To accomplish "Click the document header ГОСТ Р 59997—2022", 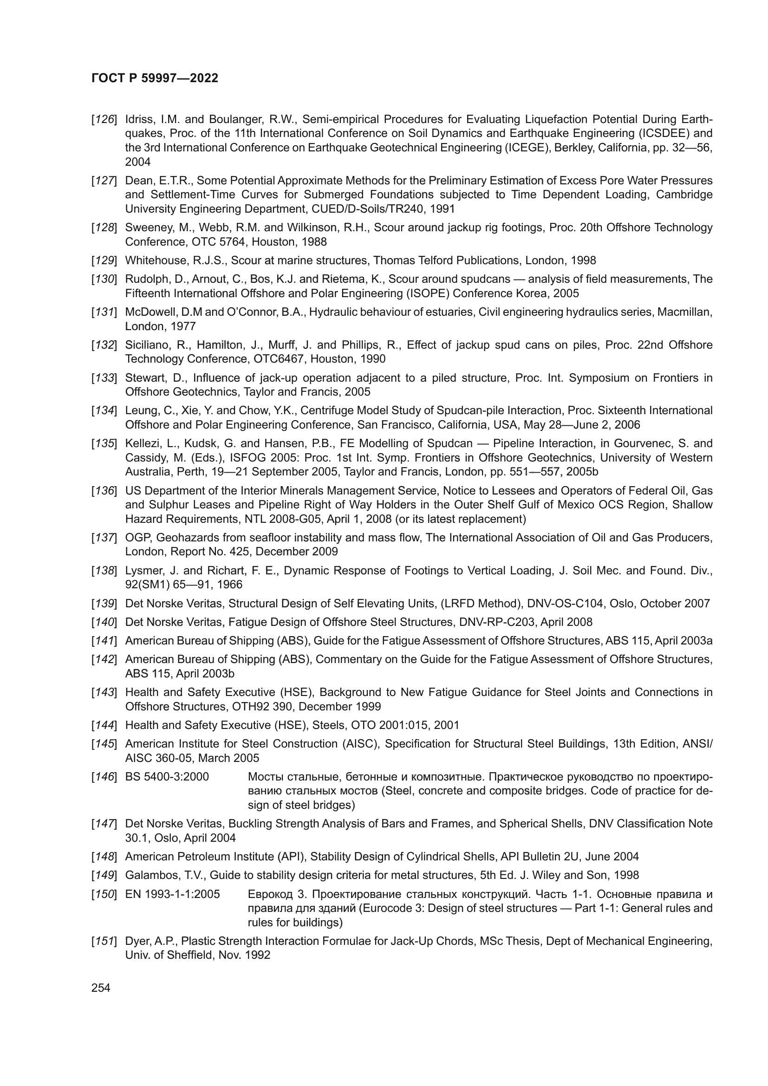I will pyautogui.click(x=155, y=78).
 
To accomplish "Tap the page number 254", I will pyautogui.click(x=101, y=988).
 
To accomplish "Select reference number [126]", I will pyautogui.click(x=104, y=119).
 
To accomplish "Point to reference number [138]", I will pyautogui.click(x=104, y=571).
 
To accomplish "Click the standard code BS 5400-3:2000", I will pyautogui.click(x=167, y=777).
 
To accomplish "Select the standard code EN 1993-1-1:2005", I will pyautogui.click(x=172, y=894).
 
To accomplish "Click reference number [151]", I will pyautogui.click(x=104, y=941).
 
